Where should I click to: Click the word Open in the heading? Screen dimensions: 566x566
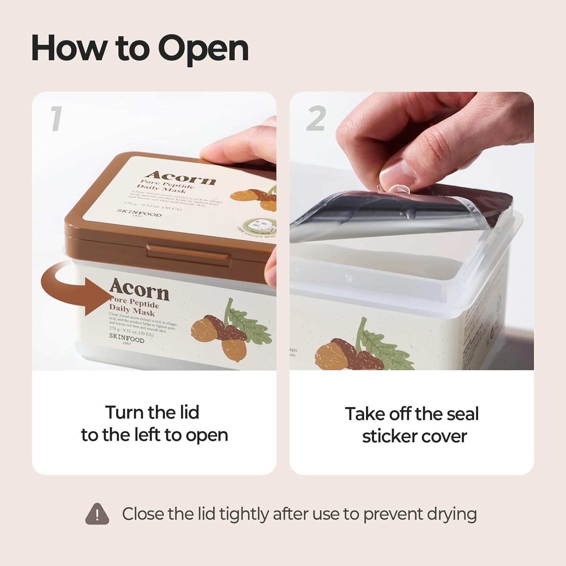pos(203,49)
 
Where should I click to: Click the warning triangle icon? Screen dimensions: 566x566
pos(97,514)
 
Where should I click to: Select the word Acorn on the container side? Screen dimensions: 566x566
pos(139,290)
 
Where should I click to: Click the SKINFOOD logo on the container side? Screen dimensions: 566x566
pos(127,337)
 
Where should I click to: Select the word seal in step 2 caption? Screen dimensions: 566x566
pos(463,414)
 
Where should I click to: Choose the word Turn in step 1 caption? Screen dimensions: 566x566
pos(123,412)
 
